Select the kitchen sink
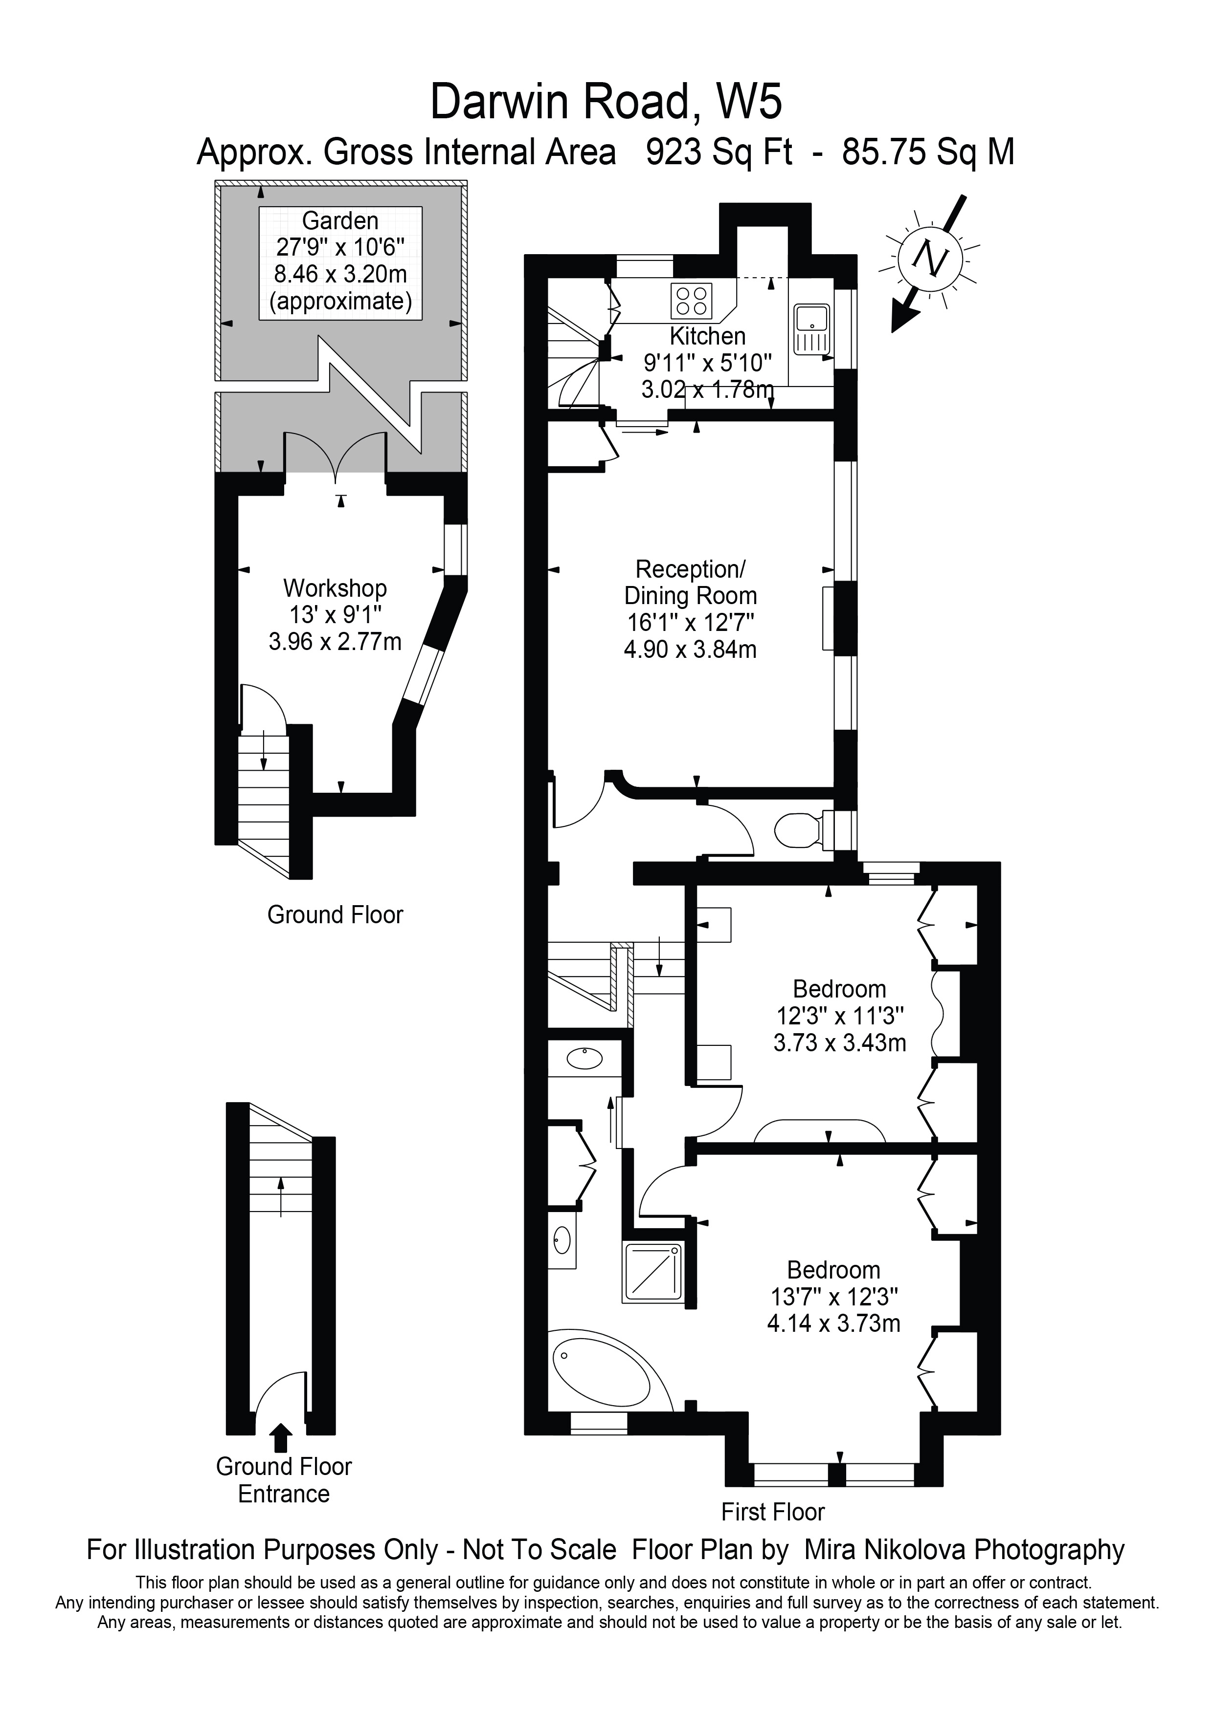[x=812, y=328]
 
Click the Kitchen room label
[x=707, y=336]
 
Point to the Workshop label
[x=335, y=588]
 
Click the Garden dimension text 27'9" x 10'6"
[x=340, y=247]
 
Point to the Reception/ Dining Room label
[x=690, y=582]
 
